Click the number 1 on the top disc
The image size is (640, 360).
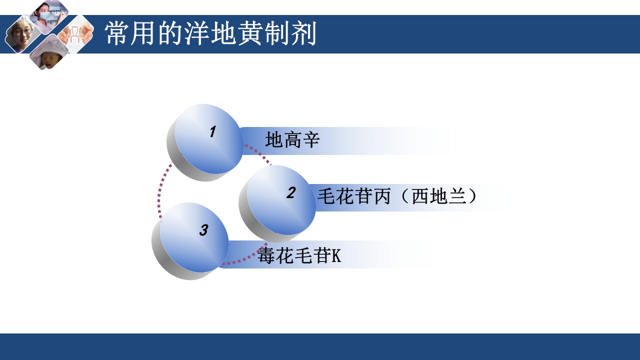pos(212,132)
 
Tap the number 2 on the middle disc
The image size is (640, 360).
pos(291,192)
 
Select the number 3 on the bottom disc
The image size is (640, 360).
pos(203,230)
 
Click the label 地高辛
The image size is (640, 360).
pos(292,140)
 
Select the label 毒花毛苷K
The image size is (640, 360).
pos(299,256)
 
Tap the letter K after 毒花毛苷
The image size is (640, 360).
pos(336,256)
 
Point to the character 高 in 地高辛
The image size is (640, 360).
pos(292,140)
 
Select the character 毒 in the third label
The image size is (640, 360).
pos(266,256)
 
